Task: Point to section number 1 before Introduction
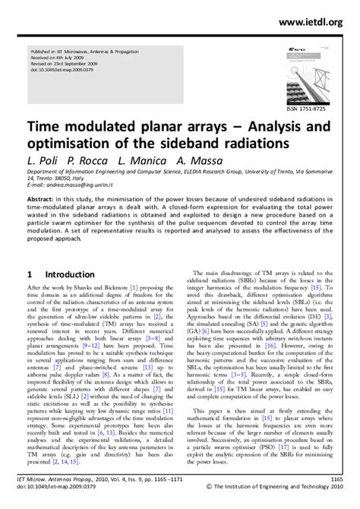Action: [29, 273]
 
